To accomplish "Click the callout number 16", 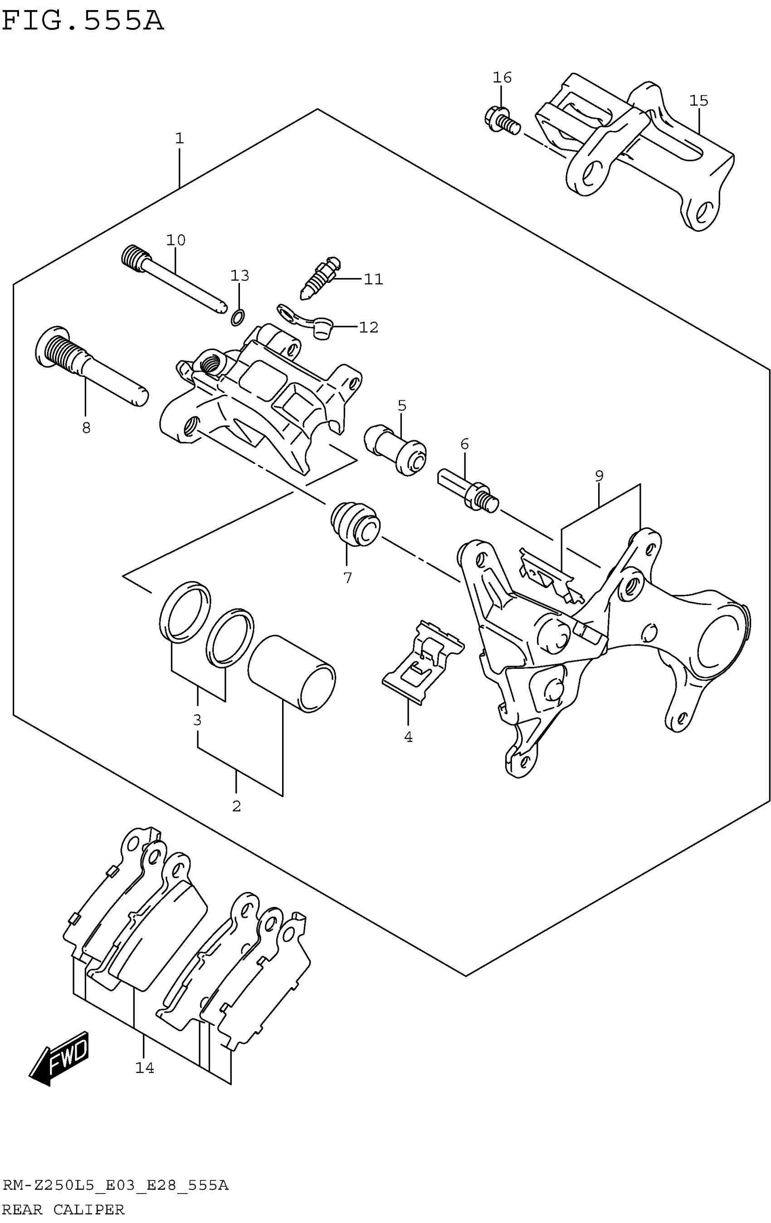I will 502,78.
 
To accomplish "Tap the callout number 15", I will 698,101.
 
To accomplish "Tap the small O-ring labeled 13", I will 238,317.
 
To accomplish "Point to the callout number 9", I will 599,476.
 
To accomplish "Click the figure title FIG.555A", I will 83,21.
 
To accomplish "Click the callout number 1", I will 179,138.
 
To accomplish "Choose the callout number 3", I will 197,720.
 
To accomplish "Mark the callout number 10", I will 176,240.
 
